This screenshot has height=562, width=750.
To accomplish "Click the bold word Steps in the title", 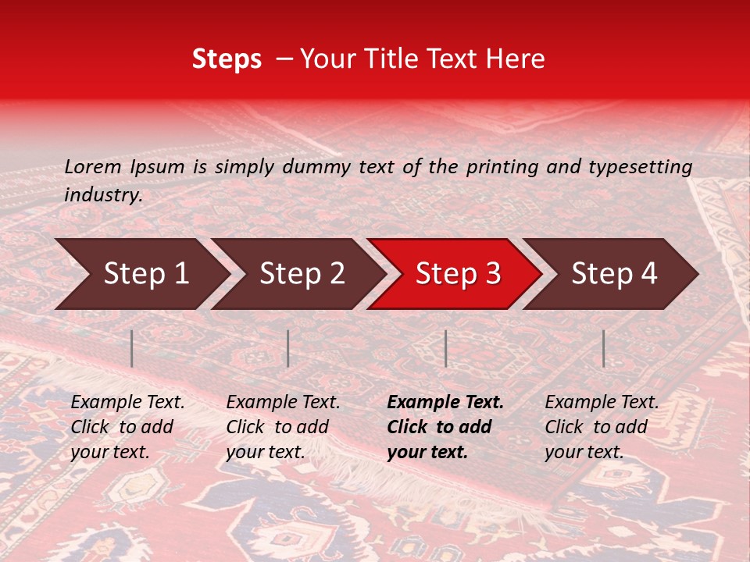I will point(227,59).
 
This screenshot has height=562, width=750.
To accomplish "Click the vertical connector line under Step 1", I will point(132,348).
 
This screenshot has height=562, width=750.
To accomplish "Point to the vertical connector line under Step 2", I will point(288,348).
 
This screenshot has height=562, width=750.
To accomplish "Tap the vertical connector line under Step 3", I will point(446,348).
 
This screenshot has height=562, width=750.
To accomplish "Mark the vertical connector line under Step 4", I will point(604,348).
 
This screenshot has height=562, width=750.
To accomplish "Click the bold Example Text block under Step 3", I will point(445,427).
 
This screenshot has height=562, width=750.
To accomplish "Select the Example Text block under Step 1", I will point(127,427).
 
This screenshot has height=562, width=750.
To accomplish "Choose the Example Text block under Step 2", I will point(283,427).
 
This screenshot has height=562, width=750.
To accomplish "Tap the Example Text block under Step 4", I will point(602,427).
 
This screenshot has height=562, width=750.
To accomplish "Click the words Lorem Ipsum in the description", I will point(124,167).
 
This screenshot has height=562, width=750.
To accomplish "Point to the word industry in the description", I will point(102,195).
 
